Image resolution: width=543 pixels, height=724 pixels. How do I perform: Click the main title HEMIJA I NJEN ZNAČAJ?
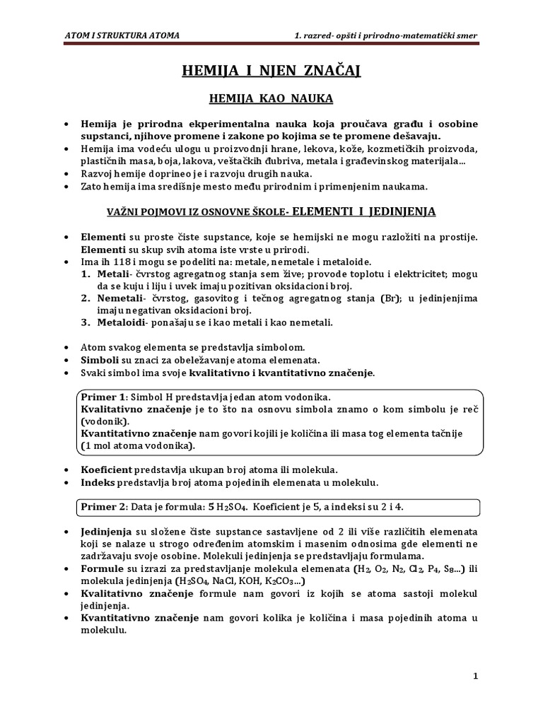point(271,71)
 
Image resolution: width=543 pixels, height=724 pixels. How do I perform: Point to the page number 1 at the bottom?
point(476,676)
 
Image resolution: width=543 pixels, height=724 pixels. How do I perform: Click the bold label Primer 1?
point(103,397)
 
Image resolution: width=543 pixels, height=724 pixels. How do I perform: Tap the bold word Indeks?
point(99,482)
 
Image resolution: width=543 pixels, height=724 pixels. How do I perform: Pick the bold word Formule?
point(103,568)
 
